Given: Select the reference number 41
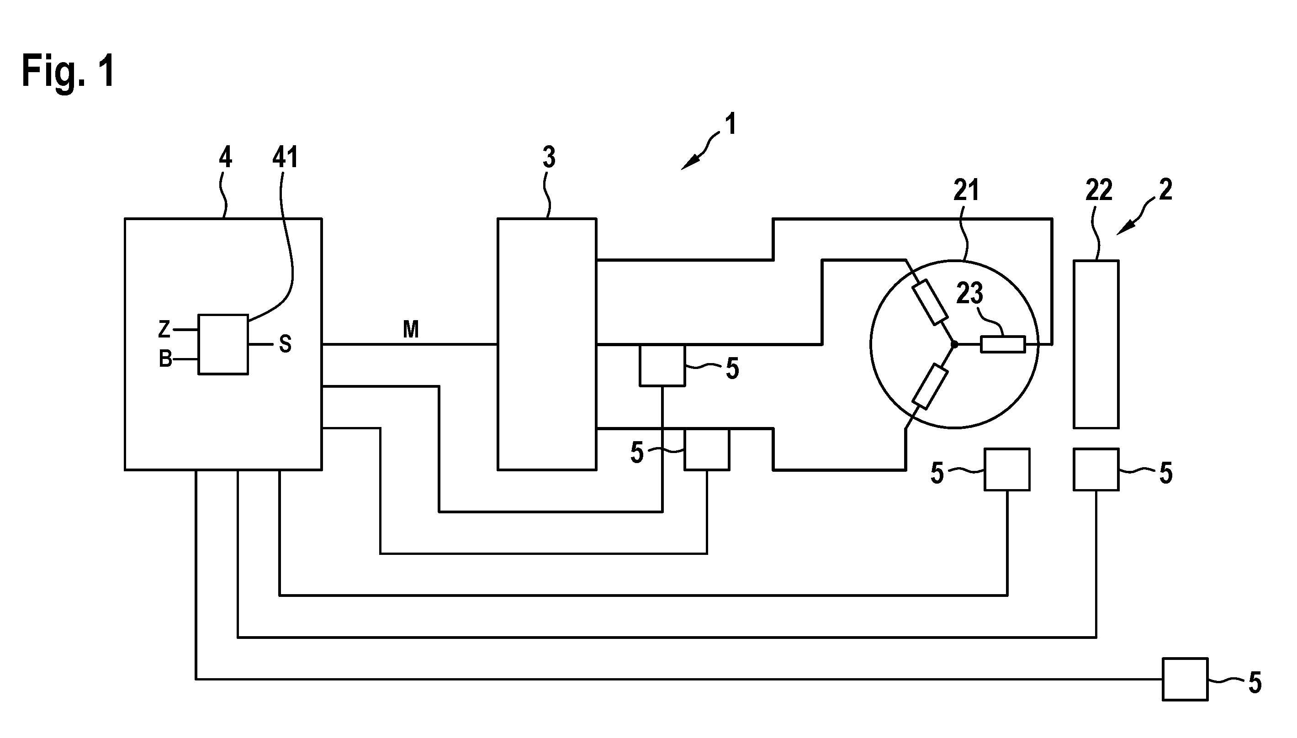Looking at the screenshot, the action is [x=285, y=157].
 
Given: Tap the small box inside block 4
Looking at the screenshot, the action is [x=223, y=344].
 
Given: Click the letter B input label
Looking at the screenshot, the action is [x=165, y=359].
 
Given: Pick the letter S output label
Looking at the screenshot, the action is [x=286, y=345].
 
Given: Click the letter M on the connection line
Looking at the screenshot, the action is [x=411, y=329].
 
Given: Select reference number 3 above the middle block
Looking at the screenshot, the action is [x=549, y=157].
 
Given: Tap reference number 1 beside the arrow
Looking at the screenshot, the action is [x=731, y=124].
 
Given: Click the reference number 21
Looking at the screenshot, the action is [x=966, y=190].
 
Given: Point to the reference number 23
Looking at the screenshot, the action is [x=969, y=293].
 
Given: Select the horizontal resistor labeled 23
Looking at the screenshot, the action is [x=1003, y=345].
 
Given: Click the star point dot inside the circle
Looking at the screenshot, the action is [x=954, y=345].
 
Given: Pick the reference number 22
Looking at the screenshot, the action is [x=1099, y=190].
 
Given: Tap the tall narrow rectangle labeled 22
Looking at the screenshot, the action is [x=1096, y=344].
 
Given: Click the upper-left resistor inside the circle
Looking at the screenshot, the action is [x=930, y=301].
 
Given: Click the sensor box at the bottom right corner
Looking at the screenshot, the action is [x=1185, y=679].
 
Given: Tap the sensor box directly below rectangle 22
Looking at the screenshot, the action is [x=1096, y=469].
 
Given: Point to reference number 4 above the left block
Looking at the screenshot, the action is [x=226, y=157].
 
